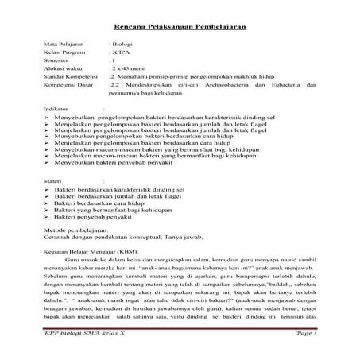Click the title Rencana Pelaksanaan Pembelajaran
[x=180, y=27]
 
